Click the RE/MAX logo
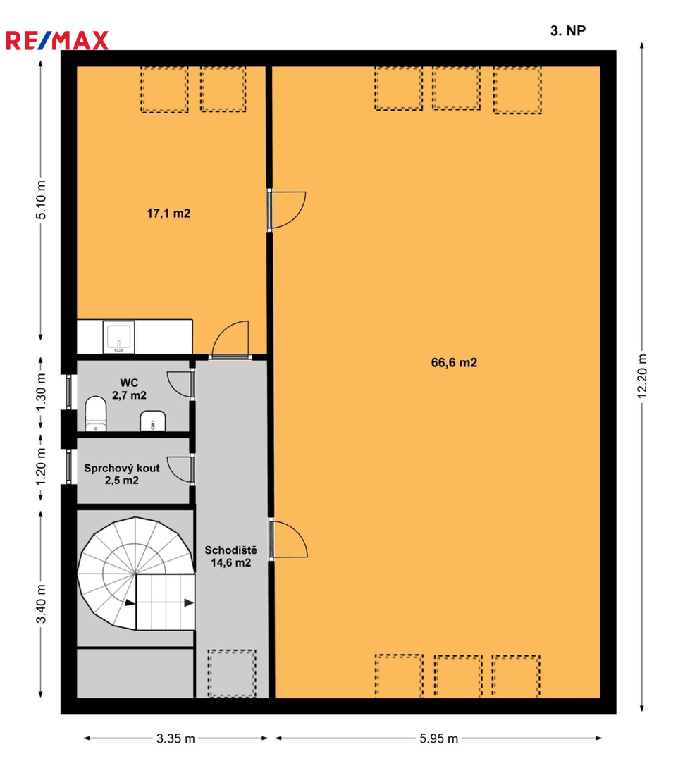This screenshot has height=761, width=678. (x=57, y=41)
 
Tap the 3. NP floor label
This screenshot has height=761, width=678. (x=568, y=30)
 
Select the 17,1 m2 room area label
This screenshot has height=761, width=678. (x=168, y=213)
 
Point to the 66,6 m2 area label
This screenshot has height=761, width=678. (x=454, y=363)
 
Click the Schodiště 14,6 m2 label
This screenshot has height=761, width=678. (x=230, y=556)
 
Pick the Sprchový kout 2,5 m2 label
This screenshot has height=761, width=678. (x=122, y=474)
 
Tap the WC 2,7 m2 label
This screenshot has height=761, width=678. (x=129, y=389)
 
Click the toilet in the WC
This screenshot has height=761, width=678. (x=96, y=414)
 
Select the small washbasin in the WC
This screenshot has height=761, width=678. (x=153, y=421)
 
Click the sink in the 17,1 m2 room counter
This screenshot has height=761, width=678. (x=118, y=337)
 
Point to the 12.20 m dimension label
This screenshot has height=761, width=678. (x=642, y=376)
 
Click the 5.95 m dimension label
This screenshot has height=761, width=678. (x=439, y=738)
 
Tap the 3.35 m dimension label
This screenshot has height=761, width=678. (x=175, y=738)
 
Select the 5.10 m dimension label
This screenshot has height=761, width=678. (x=42, y=200)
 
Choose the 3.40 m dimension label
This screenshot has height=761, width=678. (x=42, y=604)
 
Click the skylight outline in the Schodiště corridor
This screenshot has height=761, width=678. (x=232, y=674)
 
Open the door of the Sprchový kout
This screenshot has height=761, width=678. (x=181, y=469)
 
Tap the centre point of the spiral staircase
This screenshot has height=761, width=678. (x=135, y=575)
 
